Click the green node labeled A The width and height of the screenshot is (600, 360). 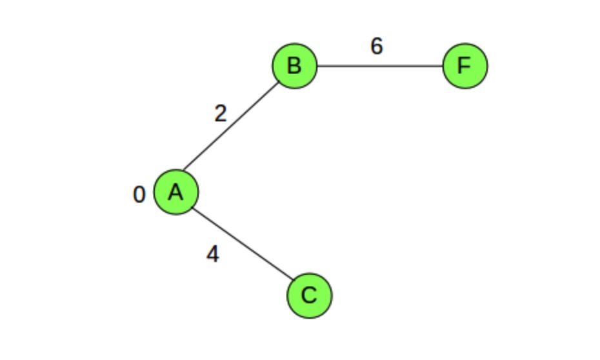tap(176, 192)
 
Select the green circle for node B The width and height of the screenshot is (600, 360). tap(294, 66)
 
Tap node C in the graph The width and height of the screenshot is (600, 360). tap(310, 295)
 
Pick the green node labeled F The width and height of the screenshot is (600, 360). tap(465, 66)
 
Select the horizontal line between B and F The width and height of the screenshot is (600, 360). tap(379, 66)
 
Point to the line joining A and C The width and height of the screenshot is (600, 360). tap(243, 244)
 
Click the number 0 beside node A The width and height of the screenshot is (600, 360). tap(139, 194)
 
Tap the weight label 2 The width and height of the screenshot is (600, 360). tap(221, 114)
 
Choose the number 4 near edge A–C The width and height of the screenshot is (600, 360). tap(212, 255)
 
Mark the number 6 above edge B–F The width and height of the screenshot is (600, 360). tap(377, 46)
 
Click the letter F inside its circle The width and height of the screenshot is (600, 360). tap(465, 66)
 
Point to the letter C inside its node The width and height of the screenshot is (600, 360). tap(310, 295)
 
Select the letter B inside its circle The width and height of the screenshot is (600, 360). tap(294, 66)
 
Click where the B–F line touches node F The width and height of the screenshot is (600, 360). tap(443, 66)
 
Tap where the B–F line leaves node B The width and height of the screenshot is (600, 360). tap(317, 66)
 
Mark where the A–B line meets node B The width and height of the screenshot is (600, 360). tap(279, 82)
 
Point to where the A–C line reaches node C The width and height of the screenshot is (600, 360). tap(292, 281)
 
